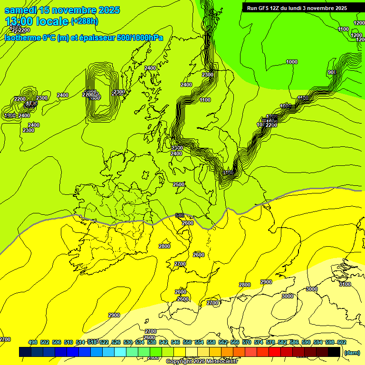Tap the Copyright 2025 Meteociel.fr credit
pyautogui.click(x=196, y=362)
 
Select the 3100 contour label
pyautogui.click(x=345, y=284)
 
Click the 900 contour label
pyautogui.click(x=332, y=72)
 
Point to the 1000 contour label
pyautogui.click(x=292, y=62)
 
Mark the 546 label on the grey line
pyautogui.click(x=179, y=215)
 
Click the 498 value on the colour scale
pyautogui.click(x=33, y=342)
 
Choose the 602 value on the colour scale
pyautogui.click(x=341, y=342)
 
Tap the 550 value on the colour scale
pyautogui.click(x=187, y=342)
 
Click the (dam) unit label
pyautogui.click(x=352, y=352)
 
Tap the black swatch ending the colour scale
pyautogui.click(x=334, y=352)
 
